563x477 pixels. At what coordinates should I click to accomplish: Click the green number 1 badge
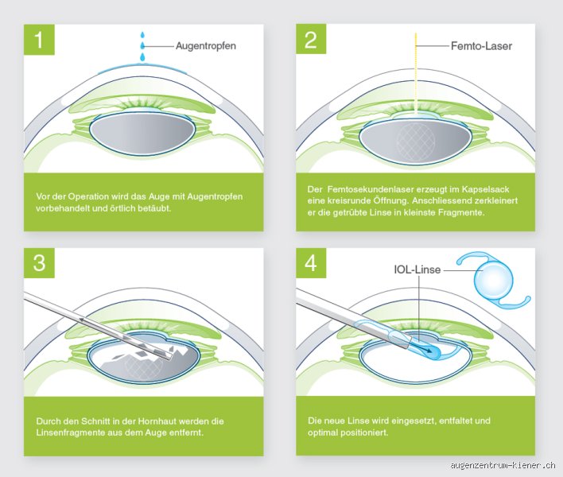[39, 40]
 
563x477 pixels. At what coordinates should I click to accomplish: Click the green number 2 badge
[311, 39]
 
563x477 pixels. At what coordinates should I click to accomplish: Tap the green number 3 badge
[39, 262]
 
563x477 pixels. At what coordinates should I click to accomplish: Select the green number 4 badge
[311, 262]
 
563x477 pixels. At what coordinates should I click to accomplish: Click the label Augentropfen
[206, 46]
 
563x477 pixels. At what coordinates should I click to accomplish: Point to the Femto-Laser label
[481, 46]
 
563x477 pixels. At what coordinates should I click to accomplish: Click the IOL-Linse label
[417, 270]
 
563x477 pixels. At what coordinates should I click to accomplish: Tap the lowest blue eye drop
[142, 57]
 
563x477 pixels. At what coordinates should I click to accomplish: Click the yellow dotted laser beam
[416, 74]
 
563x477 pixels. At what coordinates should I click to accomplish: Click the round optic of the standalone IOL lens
[494, 281]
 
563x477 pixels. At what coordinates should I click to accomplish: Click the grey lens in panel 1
[142, 135]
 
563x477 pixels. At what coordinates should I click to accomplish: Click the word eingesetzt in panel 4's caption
[413, 421]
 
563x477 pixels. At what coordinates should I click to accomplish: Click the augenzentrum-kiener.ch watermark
[503, 465]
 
